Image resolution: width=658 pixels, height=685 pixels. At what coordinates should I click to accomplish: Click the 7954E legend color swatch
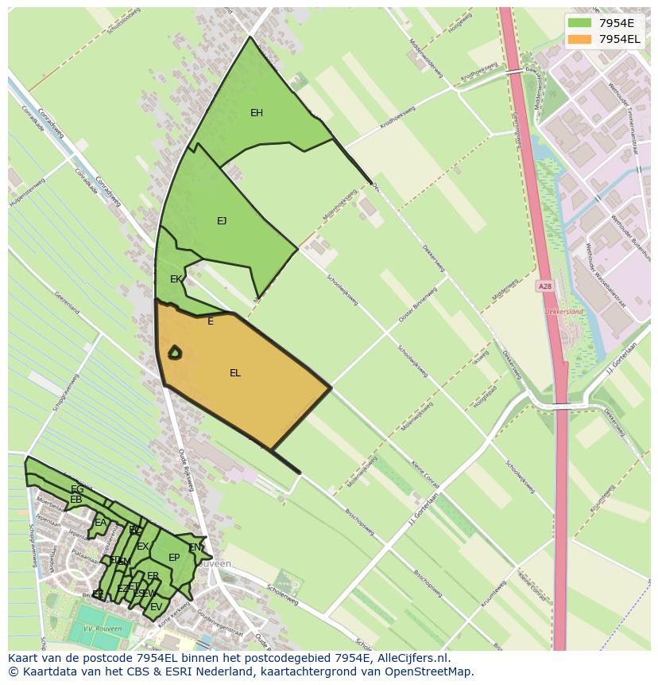point(579,22)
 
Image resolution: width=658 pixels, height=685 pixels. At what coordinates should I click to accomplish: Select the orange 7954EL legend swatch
point(579,39)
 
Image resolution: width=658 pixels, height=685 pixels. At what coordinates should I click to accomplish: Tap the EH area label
point(257,113)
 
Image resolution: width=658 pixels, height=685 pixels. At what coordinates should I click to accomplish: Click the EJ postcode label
point(222,221)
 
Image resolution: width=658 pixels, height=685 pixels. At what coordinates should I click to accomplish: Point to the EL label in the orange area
point(235,373)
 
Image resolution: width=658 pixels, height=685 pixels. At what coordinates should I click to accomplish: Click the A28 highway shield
point(544,286)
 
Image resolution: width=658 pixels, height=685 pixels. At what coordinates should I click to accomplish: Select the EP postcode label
point(174,558)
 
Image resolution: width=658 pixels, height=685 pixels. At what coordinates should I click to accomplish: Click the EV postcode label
point(156,607)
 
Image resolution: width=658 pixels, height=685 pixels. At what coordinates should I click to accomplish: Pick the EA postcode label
point(100,523)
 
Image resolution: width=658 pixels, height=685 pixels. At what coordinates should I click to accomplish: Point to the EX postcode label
point(142,547)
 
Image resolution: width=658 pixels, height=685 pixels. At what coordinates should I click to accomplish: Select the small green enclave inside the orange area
point(175,352)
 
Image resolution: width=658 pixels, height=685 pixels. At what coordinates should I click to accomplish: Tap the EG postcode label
point(77,489)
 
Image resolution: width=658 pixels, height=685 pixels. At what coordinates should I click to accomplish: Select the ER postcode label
point(153,576)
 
